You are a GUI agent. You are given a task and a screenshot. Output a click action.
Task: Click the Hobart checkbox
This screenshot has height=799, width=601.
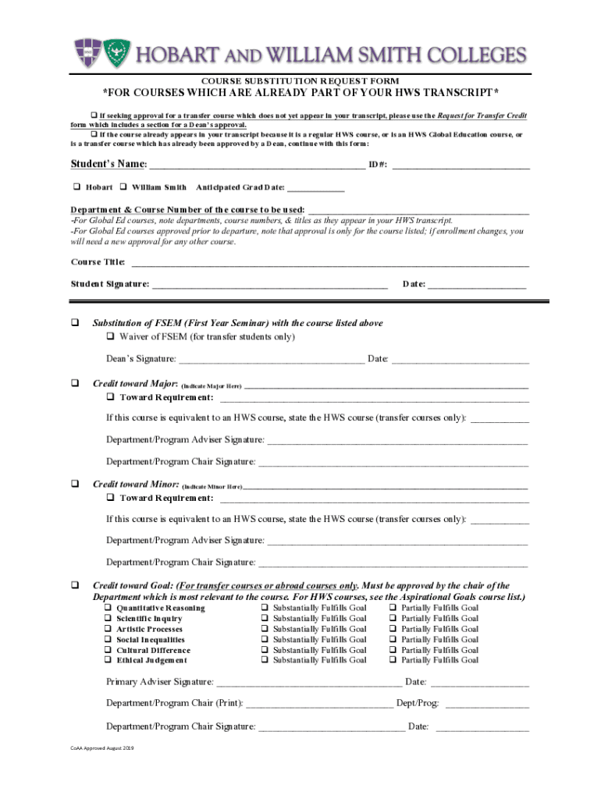point(76,187)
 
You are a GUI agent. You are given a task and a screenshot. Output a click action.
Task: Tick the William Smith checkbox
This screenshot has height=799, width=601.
point(123,187)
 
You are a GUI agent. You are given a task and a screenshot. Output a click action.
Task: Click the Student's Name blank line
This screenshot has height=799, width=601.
point(256,165)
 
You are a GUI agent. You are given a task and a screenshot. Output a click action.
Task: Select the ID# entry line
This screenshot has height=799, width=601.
point(464,165)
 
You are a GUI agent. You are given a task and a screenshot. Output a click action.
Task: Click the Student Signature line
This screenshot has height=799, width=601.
point(269,285)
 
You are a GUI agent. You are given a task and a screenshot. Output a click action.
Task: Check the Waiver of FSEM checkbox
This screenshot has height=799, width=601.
point(111,337)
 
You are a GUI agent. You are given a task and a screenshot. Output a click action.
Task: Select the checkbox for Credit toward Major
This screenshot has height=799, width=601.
point(76,384)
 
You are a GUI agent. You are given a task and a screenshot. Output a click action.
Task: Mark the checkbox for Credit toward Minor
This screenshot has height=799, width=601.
point(76,484)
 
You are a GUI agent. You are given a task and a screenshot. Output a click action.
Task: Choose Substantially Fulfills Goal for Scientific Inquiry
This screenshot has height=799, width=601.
point(265,619)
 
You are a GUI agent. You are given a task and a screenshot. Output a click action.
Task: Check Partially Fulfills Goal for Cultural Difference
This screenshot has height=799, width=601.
point(393,650)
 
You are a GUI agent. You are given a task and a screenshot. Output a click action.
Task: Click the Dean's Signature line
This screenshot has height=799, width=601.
point(271,360)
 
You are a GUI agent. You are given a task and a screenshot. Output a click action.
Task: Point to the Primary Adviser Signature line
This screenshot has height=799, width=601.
point(308,683)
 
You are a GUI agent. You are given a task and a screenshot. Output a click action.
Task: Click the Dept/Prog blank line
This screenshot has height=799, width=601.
point(486,705)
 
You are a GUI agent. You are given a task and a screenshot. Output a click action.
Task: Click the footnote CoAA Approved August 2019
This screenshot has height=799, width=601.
point(102,748)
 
